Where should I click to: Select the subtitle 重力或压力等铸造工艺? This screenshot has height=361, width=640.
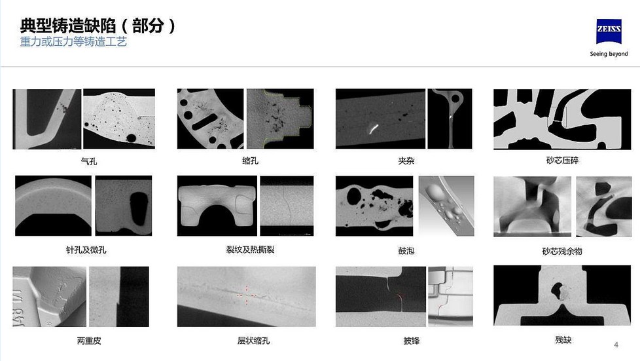pyautogui.click(x=73, y=43)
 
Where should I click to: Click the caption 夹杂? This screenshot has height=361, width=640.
pyautogui.click(x=406, y=161)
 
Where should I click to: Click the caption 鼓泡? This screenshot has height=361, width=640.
pyautogui.click(x=406, y=251)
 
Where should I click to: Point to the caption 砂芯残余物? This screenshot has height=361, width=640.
pyautogui.click(x=561, y=251)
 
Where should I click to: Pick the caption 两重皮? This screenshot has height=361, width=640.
pyautogui.click(x=88, y=341)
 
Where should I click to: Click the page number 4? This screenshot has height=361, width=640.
pyautogui.click(x=616, y=345)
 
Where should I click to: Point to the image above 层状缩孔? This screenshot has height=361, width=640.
pyautogui.click(x=246, y=297)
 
